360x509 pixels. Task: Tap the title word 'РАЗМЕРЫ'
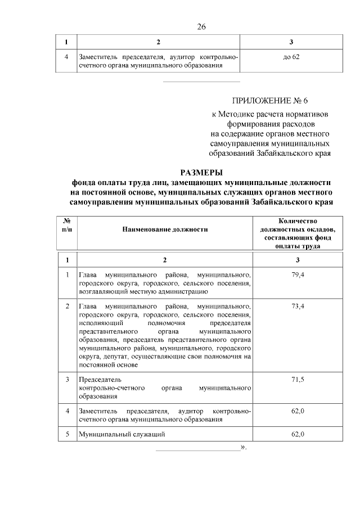[x=201, y=172]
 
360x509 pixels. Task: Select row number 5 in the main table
[x=67, y=434]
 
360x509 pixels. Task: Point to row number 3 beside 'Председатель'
[x=67, y=380]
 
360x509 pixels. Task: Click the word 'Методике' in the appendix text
[x=240, y=114]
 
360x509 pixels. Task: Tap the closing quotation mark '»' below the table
[x=244, y=448]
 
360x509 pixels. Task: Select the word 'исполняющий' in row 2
[x=98, y=324]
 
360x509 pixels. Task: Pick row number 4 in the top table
[x=67, y=57]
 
